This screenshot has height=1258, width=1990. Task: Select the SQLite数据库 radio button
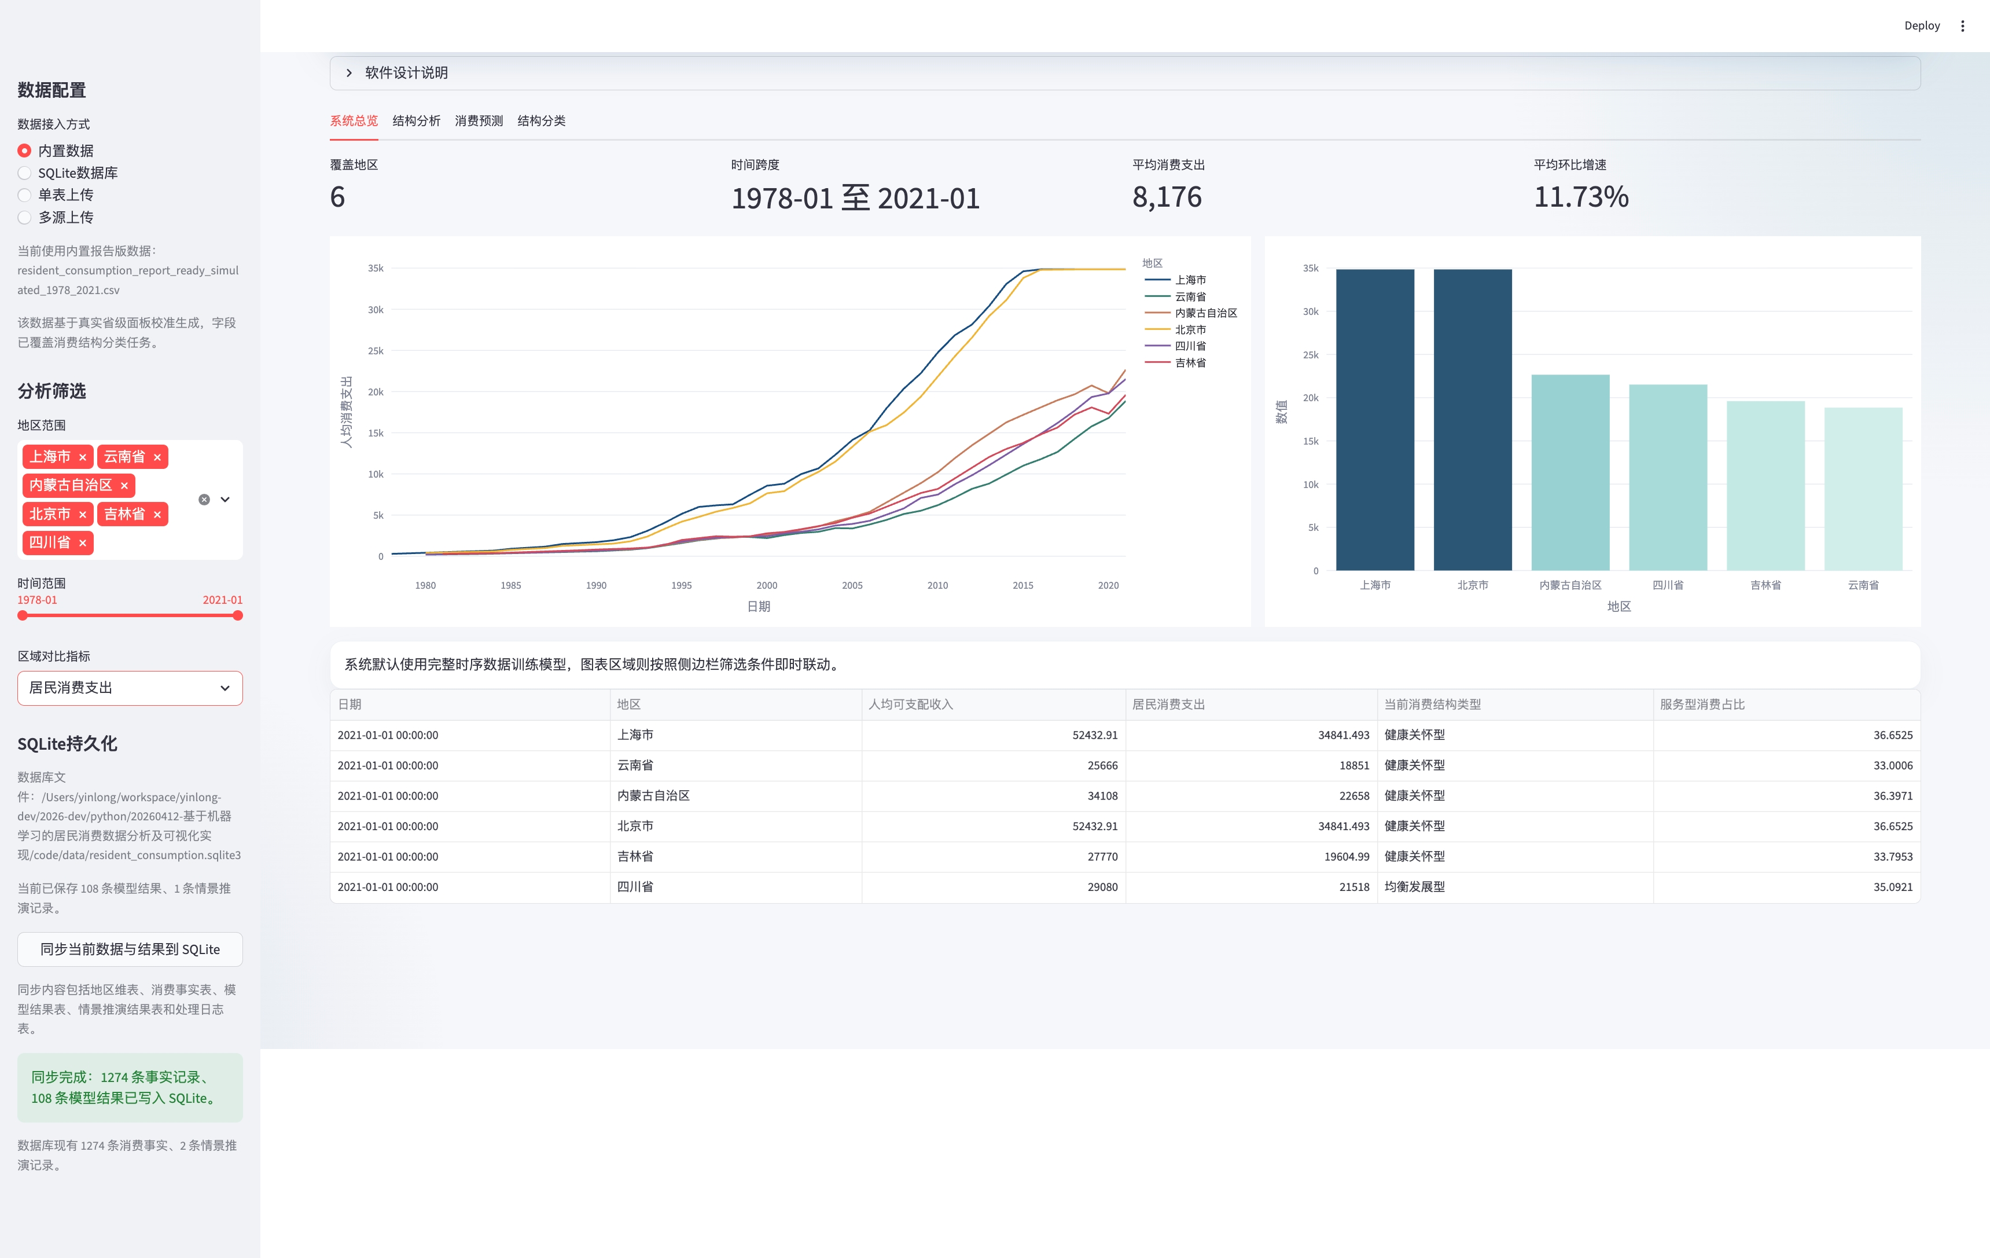coord(25,173)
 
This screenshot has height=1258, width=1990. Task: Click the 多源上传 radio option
coord(25,217)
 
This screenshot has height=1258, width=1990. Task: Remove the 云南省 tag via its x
coord(157,457)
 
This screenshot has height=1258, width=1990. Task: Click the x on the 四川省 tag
coord(83,543)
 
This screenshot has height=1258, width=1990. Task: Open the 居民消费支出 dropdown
coord(130,688)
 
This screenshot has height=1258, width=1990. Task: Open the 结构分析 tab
coord(417,120)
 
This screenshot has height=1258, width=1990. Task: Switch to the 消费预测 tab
coord(479,120)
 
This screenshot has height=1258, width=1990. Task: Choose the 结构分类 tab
coord(541,120)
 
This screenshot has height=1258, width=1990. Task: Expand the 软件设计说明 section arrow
coord(350,73)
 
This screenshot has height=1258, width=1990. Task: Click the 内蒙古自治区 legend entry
coord(1191,313)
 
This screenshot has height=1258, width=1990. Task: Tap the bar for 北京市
coord(1473,420)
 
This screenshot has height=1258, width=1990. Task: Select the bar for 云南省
coord(1863,489)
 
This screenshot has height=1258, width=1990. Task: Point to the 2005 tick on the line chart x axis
coord(852,585)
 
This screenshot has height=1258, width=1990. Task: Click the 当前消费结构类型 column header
coord(1432,704)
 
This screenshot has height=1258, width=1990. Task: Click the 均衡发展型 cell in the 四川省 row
coord(1415,887)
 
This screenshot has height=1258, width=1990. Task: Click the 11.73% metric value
coord(1581,197)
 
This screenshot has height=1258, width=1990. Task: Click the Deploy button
coord(1921,25)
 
